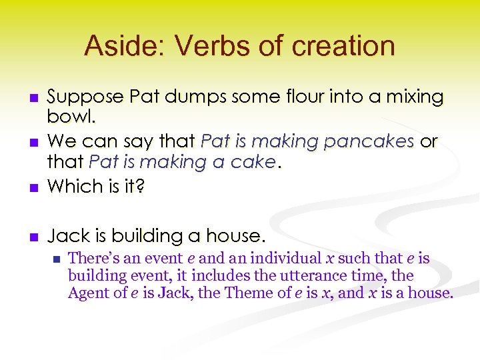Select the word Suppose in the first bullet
(x=86, y=97)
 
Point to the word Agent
(x=87, y=293)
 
